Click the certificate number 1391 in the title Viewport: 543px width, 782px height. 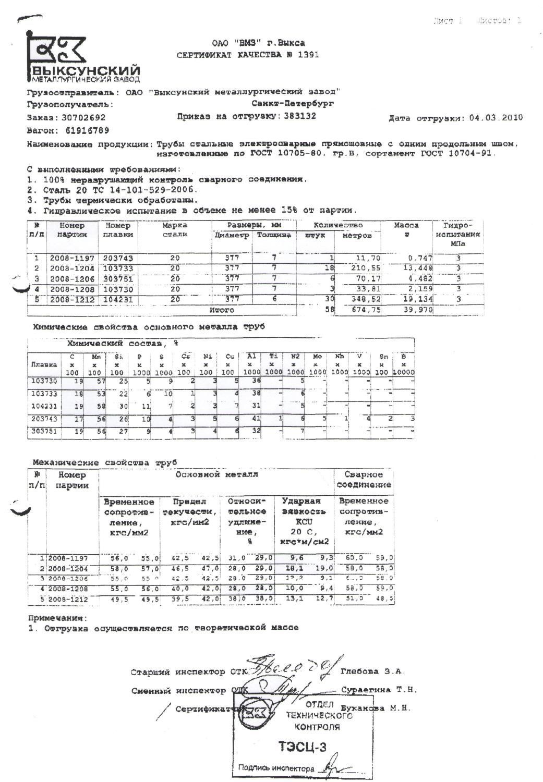tap(308, 54)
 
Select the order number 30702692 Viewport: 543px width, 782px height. tap(83, 118)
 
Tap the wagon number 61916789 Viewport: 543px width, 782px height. tap(87, 130)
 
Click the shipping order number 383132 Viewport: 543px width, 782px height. tap(300, 116)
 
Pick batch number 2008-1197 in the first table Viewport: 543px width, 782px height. tap(72, 258)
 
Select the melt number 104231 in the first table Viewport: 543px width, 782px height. tap(118, 299)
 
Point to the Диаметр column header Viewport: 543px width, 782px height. tap(232, 236)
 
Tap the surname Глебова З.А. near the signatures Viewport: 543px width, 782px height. tap(372, 671)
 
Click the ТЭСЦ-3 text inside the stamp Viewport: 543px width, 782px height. tap(303, 748)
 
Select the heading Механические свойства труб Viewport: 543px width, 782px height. tap(104, 462)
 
